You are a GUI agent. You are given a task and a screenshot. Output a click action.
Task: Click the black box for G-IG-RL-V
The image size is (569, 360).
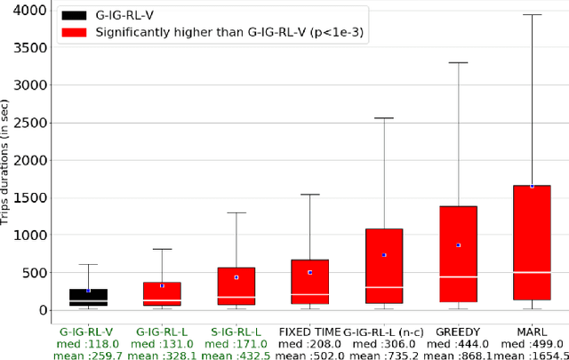coord(88,297)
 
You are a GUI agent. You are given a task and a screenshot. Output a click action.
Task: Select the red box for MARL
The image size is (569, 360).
coord(532,242)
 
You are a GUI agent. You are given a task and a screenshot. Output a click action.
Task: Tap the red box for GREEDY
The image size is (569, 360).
coord(458,253)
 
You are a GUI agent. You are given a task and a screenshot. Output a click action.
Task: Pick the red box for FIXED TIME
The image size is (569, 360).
coord(309,281)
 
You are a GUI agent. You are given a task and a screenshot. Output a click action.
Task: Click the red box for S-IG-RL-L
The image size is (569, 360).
coord(236,285)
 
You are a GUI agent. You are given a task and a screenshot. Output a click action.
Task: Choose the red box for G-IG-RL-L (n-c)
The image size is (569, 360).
coord(384,266)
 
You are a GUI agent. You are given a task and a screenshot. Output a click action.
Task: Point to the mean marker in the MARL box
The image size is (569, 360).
coord(532,186)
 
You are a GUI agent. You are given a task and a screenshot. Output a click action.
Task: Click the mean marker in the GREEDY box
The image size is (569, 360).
coord(458,244)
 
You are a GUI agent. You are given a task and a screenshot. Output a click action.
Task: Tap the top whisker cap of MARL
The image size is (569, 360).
coord(532,15)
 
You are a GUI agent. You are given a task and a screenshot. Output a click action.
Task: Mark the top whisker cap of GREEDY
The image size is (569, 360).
coord(458,63)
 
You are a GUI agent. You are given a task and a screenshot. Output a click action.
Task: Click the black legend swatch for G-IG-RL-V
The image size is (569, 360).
coord(76,16)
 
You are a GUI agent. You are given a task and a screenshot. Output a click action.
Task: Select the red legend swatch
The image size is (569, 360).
coord(76,33)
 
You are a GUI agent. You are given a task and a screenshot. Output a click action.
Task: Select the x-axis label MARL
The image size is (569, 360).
coord(532,332)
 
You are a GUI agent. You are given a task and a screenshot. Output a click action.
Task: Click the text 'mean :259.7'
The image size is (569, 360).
coord(88,355)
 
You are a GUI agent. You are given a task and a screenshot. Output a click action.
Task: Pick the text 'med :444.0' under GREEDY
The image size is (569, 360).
coord(458,343)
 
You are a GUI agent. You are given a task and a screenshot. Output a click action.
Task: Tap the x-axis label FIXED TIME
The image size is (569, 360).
coord(309,332)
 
